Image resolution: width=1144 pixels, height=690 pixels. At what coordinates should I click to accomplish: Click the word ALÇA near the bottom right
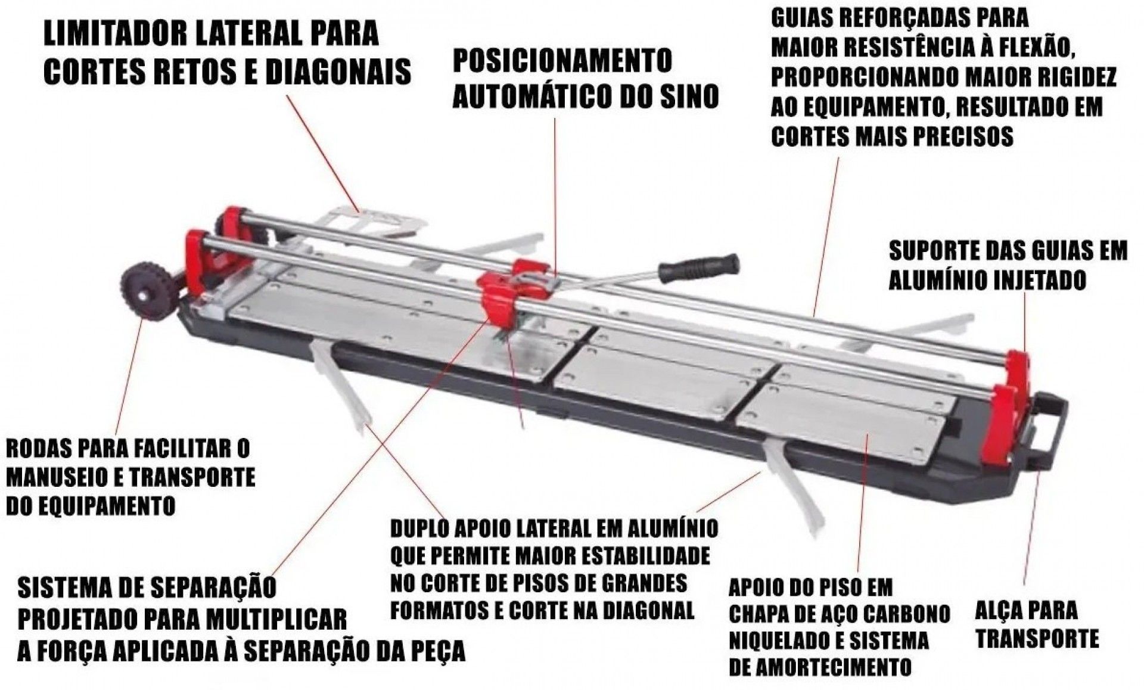pyautogui.click(x=999, y=610)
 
